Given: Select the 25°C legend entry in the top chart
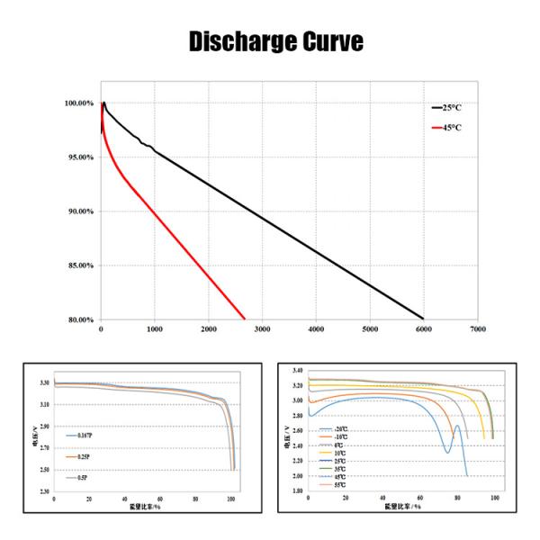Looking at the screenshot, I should click(450, 106).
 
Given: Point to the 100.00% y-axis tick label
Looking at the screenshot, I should click(79, 103).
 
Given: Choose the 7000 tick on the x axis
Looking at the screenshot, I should click(477, 330).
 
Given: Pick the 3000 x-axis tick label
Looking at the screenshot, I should click(262, 330).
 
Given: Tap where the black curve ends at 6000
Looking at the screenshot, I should click(423, 318).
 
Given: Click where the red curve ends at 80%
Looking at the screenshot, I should click(245, 318).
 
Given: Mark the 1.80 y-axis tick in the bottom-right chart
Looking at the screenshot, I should click(297, 491).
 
